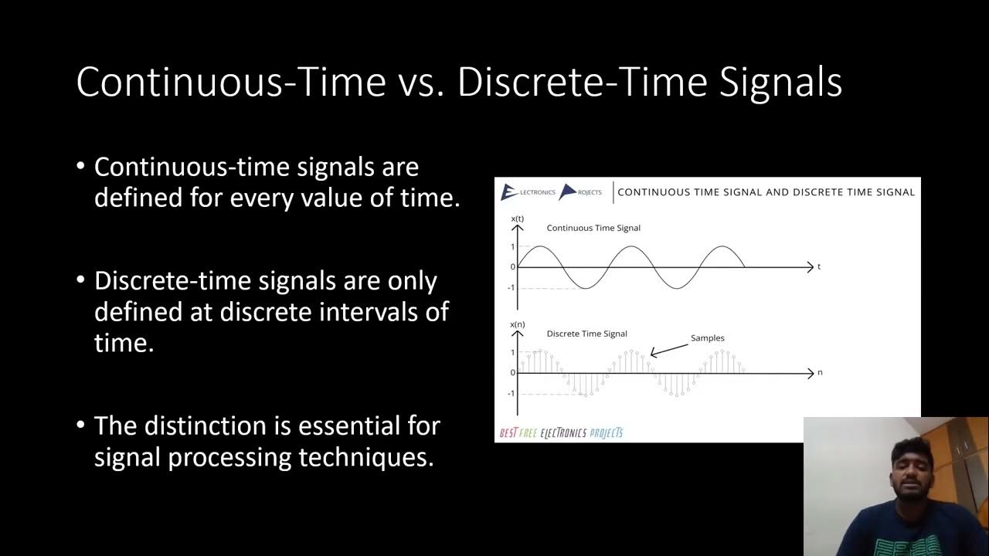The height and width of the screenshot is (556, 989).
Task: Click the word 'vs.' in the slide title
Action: (x=421, y=82)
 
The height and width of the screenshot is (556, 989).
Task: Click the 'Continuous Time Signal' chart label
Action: (x=593, y=228)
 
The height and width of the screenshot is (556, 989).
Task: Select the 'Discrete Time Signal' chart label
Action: (x=586, y=334)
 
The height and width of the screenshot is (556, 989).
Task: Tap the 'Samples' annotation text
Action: (x=707, y=337)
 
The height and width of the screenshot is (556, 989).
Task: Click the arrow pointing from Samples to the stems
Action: (x=669, y=349)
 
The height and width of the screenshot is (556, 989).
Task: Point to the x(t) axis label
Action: (x=517, y=219)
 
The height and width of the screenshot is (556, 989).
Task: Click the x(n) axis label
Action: (x=517, y=324)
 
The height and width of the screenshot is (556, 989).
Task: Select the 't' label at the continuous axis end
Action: (x=819, y=267)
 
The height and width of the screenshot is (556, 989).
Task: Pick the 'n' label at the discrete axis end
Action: (x=820, y=372)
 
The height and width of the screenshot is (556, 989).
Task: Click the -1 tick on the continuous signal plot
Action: (x=511, y=288)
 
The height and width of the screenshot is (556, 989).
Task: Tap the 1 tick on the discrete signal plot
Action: (x=511, y=352)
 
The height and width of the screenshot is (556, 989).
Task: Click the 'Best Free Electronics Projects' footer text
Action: (x=561, y=433)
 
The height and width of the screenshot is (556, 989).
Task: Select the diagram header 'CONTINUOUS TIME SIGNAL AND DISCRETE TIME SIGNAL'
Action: (x=766, y=192)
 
